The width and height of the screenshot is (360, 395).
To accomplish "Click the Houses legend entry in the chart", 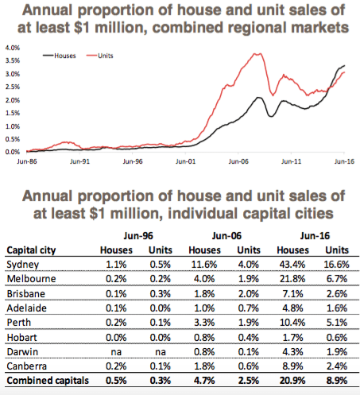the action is [60, 56].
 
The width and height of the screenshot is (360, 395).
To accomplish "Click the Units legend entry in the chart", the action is [100, 56].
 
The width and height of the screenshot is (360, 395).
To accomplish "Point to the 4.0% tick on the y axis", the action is [13, 48].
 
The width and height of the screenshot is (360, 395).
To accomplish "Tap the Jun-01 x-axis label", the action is [185, 161].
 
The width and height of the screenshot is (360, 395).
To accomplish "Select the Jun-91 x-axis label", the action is [79, 161].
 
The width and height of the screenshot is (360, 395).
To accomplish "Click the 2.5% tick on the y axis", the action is [13, 87].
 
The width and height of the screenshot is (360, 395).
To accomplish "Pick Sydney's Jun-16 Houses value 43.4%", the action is [292, 265].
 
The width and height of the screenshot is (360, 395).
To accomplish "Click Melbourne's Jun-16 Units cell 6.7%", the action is [337, 279].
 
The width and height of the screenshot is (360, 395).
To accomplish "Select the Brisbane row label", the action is [26, 294].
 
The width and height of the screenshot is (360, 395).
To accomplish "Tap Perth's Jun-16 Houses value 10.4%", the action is [292, 323].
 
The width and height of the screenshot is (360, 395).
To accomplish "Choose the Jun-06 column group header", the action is [226, 236].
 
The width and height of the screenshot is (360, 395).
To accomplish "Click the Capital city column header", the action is [31, 250].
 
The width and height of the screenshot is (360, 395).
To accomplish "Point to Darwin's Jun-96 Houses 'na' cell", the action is [116, 352].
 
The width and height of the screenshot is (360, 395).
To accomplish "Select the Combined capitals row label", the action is [48, 381].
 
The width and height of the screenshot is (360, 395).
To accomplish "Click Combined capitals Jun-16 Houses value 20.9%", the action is [292, 381].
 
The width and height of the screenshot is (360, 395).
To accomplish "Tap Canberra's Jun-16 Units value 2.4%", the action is [337, 366].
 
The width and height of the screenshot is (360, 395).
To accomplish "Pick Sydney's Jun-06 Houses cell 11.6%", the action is [204, 265].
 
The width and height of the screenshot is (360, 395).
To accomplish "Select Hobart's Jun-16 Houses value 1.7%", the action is [292, 338].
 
